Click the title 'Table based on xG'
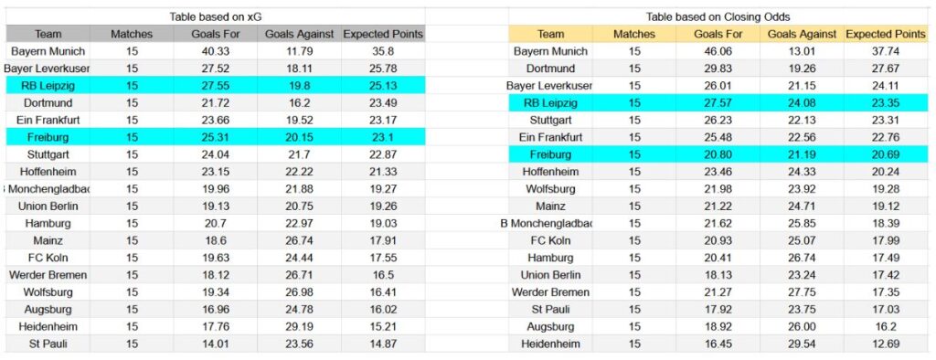[x=216, y=17]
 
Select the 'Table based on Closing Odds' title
[x=718, y=17]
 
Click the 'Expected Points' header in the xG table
[x=383, y=35]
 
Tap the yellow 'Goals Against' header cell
[x=802, y=35]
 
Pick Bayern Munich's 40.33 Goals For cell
[x=216, y=52]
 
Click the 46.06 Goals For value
[x=718, y=52]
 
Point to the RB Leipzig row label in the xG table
[x=48, y=86]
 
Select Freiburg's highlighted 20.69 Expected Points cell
[x=885, y=154]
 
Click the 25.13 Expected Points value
[x=383, y=86]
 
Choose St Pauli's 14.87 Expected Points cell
[x=383, y=344]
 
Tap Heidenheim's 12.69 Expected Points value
[x=885, y=344]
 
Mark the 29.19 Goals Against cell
[x=300, y=327]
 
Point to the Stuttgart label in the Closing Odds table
[x=550, y=121]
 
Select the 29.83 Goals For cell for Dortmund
[x=718, y=69]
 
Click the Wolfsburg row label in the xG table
[x=48, y=292]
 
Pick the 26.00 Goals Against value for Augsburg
[x=802, y=327]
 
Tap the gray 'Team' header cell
[x=48, y=35]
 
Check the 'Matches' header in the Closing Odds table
[x=634, y=35]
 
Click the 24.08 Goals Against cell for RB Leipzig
[x=802, y=103]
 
